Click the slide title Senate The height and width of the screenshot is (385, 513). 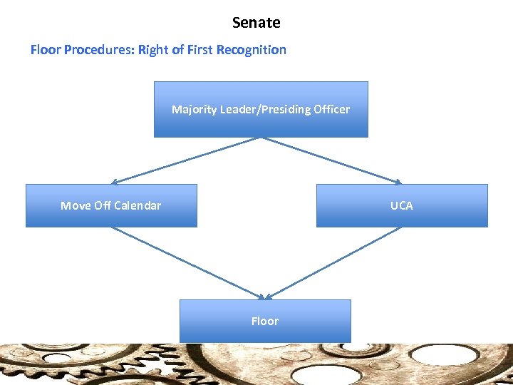tap(256, 23)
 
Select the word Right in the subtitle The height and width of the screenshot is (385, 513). tap(152, 50)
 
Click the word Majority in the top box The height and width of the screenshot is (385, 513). tap(194, 110)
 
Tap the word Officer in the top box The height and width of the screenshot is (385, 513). tap(329, 110)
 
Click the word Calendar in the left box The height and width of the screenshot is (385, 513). tap(138, 206)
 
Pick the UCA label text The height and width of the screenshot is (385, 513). tap(401, 206)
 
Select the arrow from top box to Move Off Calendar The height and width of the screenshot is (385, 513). tap(187, 160)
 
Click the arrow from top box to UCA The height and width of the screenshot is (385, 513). tap(331, 160)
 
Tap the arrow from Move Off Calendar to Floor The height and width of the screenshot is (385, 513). tap(189, 263)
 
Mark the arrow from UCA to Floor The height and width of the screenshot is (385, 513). tap(333, 263)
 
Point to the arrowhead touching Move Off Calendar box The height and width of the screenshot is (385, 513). tap(115, 183)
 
